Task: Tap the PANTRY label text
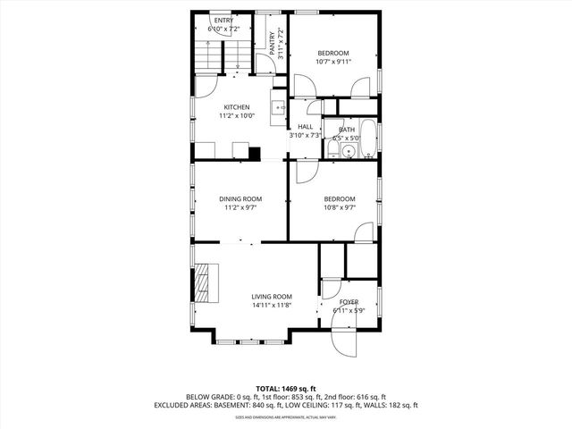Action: pos(273,42)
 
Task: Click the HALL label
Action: pos(305,127)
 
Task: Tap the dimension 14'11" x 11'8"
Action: pos(271,306)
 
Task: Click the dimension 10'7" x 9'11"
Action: pos(332,63)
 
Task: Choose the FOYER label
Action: pos(349,302)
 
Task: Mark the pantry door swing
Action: pos(264,64)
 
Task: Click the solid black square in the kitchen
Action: pos(255,153)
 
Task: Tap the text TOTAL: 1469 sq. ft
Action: pos(286,388)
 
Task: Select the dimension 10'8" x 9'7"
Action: pos(340,207)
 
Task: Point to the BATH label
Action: pos(346,130)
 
